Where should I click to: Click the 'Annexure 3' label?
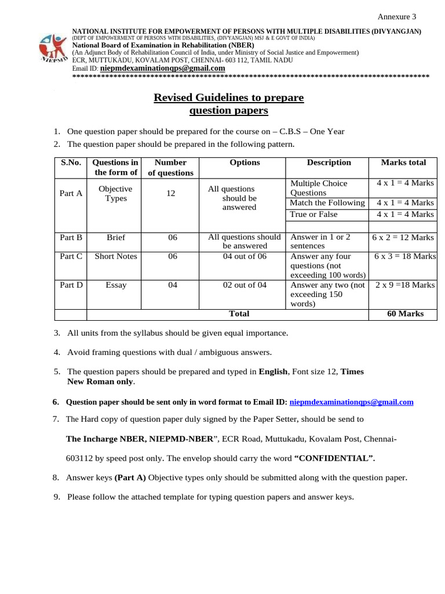tap(397, 16)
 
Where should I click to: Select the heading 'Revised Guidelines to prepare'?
tap(228, 97)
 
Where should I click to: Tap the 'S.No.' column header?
tap(71, 162)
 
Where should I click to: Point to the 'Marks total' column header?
tap(403, 162)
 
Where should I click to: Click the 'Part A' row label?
tap(71, 193)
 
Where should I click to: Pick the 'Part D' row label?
tap(71, 285)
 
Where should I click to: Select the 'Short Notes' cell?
tap(116, 256)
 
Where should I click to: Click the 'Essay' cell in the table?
tap(116, 285)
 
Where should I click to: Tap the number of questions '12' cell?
tap(170, 193)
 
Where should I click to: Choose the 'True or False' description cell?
tap(313, 214)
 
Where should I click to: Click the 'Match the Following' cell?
tap(327, 202)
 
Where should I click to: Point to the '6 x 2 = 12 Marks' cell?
tap(404, 237)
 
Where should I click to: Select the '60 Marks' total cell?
tap(405, 314)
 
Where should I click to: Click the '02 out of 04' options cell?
tap(245, 285)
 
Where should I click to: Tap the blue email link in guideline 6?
tap(351, 401)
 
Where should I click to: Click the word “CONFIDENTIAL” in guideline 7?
tap(334, 458)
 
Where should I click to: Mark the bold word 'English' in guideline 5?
tap(272, 371)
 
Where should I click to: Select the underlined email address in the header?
tap(162, 68)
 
